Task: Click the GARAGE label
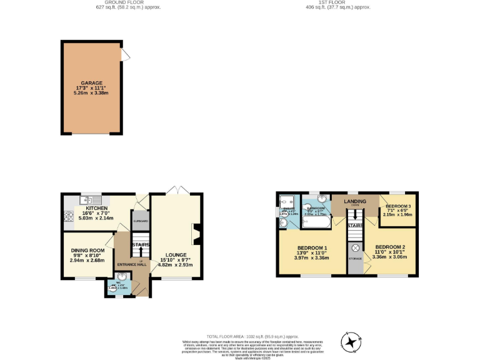(91, 82)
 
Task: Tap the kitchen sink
(87, 200)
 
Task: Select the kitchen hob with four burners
(67, 218)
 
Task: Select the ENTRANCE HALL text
(132, 264)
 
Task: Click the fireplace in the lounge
(196, 234)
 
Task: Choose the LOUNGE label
(176, 254)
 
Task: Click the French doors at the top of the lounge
(176, 189)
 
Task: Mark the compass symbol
(351, 341)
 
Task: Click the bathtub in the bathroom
(317, 221)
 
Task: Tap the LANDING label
(355, 201)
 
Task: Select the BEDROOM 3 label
(399, 206)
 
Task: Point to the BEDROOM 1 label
(311, 246)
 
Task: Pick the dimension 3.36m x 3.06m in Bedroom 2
(389, 256)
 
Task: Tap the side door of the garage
(126, 56)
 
